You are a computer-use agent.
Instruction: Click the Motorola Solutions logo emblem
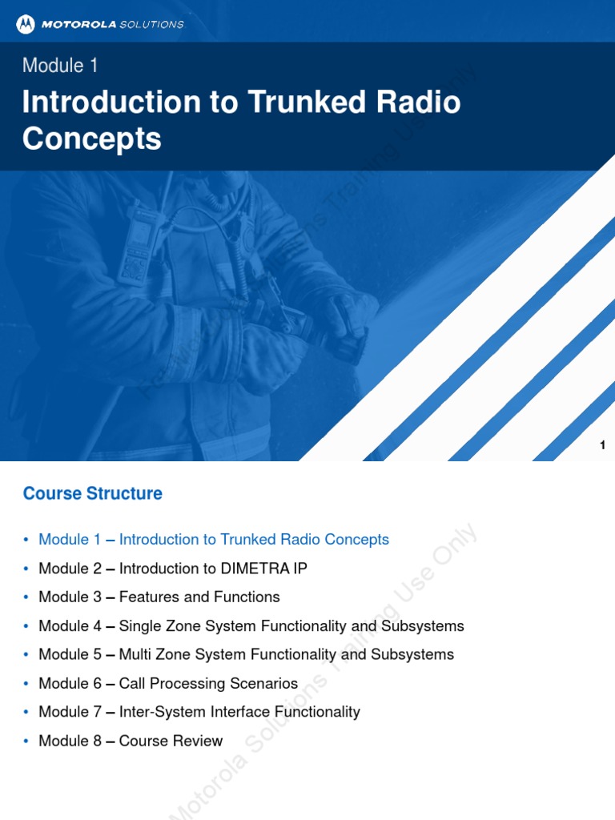tap(26, 24)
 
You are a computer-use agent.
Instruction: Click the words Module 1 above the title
tap(60, 66)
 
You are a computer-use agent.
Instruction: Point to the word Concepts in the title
tap(92, 139)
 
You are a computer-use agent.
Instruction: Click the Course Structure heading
tap(93, 493)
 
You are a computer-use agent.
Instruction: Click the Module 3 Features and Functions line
tap(159, 597)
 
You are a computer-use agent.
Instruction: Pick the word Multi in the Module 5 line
tap(137, 655)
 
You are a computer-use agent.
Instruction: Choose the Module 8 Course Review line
tap(131, 742)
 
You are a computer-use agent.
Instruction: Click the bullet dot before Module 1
tap(26, 541)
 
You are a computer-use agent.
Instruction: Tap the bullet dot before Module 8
tap(26, 742)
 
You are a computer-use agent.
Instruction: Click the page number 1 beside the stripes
tap(602, 446)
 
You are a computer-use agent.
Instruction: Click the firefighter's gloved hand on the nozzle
tap(348, 312)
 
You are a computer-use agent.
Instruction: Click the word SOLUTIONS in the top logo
tap(151, 24)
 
